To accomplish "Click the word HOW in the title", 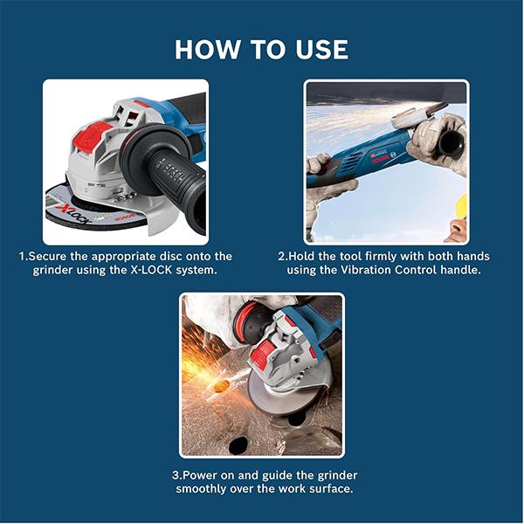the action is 207,50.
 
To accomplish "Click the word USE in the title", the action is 321,50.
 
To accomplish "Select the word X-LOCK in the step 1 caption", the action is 150,270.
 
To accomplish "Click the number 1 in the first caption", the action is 22,257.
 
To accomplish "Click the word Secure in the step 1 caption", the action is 48,257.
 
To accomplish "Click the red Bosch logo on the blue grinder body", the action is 380,158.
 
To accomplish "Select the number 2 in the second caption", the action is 281,257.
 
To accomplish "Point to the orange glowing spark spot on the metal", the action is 222,387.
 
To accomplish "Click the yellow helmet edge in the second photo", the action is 462,204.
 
